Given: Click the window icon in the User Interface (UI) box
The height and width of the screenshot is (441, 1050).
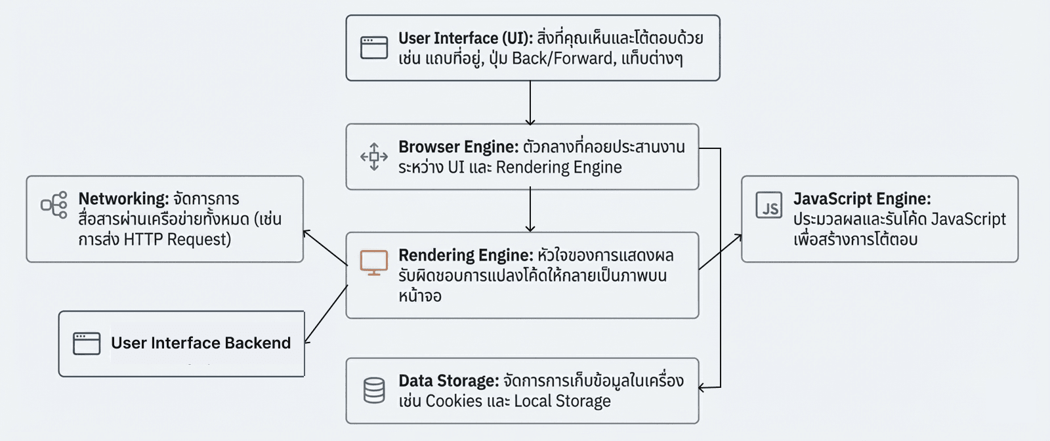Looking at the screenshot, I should [x=374, y=48].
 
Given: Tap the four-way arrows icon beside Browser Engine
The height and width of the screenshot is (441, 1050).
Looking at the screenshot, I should [x=374, y=157].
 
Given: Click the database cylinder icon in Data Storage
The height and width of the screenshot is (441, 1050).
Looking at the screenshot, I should [x=374, y=390].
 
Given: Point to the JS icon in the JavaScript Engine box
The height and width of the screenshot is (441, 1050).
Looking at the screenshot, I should [x=769, y=205].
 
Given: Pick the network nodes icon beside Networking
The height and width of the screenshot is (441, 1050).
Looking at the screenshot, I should [x=54, y=205].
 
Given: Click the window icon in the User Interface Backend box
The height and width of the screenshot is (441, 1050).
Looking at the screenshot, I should [x=87, y=343].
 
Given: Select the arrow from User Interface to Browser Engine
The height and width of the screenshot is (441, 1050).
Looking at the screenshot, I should [x=530, y=102].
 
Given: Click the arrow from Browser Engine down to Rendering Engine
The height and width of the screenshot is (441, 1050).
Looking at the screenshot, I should [x=530, y=210].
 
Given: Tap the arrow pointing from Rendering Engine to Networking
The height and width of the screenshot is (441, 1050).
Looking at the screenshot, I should [x=324, y=247].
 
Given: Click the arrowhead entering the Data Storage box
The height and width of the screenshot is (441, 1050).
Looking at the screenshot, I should [x=702, y=388].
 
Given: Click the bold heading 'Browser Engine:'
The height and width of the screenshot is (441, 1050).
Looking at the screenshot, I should [x=458, y=147].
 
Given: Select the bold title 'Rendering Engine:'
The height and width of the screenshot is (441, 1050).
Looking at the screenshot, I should [x=465, y=255].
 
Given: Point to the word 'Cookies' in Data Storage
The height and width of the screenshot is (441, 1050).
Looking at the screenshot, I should [x=453, y=401].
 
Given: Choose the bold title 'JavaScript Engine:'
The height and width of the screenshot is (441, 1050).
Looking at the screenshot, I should [x=862, y=199].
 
